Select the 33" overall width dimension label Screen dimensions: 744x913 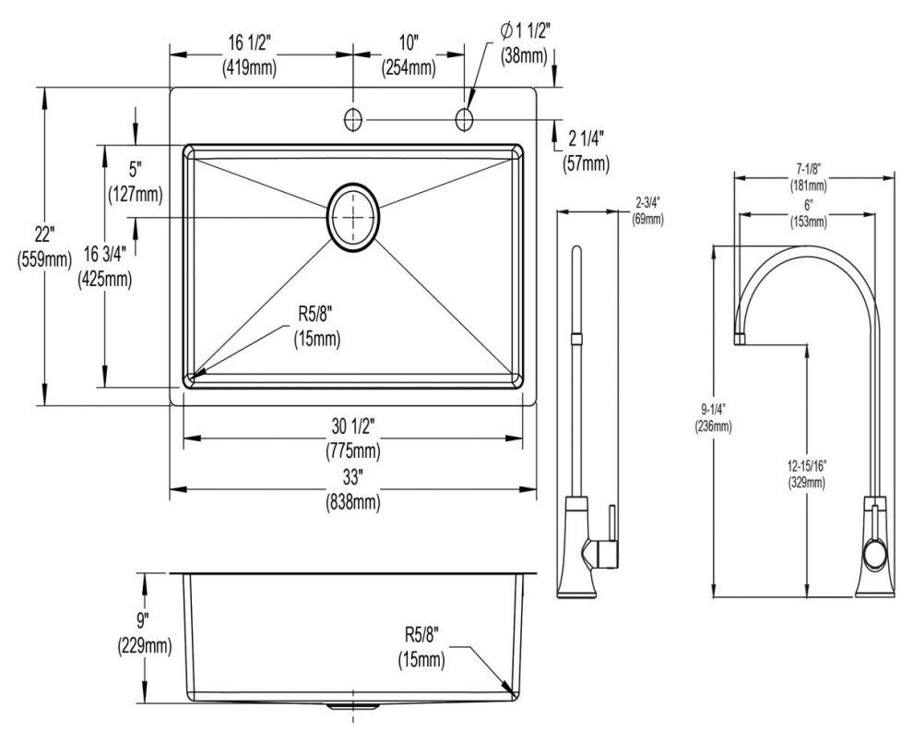pos(354,479)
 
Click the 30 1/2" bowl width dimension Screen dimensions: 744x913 pos(354,426)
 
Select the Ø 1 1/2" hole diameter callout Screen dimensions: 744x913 pos(525,30)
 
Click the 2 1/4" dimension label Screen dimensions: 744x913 pos(585,139)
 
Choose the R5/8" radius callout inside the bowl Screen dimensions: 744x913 pos(315,314)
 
